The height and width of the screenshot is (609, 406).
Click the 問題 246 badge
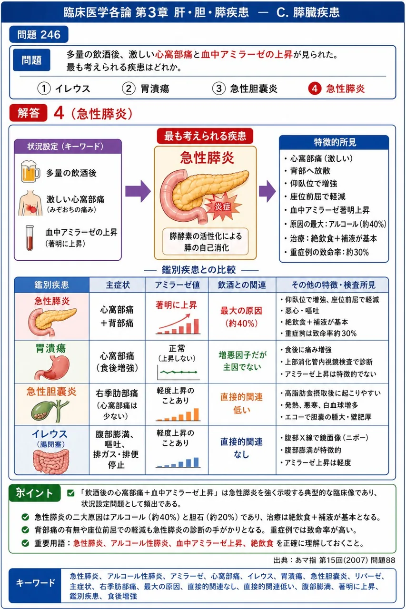(x=39, y=34)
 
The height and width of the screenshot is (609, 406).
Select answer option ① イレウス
(x=64, y=88)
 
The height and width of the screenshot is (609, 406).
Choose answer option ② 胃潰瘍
(x=146, y=88)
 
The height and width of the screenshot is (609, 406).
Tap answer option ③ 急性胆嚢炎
(x=245, y=88)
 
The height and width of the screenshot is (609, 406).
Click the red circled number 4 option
(x=315, y=88)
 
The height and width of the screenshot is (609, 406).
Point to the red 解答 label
(x=28, y=113)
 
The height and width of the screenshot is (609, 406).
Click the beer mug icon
(x=30, y=171)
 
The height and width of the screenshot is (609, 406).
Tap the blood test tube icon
(x=30, y=237)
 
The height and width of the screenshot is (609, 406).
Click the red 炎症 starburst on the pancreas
(x=223, y=206)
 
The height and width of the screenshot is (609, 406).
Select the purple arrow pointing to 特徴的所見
(x=267, y=191)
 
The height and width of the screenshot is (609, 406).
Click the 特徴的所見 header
(x=334, y=142)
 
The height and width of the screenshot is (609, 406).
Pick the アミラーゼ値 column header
(x=177, y=285)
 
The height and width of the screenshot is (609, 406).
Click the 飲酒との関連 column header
(x=242, y=285)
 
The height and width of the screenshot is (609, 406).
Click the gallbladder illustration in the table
(x=50, y=411)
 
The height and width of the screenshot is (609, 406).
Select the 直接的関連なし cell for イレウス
(x=242, y=448)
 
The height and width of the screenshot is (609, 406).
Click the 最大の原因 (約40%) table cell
(x=242, y=317)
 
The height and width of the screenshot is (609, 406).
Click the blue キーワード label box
(x=35, y=585)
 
